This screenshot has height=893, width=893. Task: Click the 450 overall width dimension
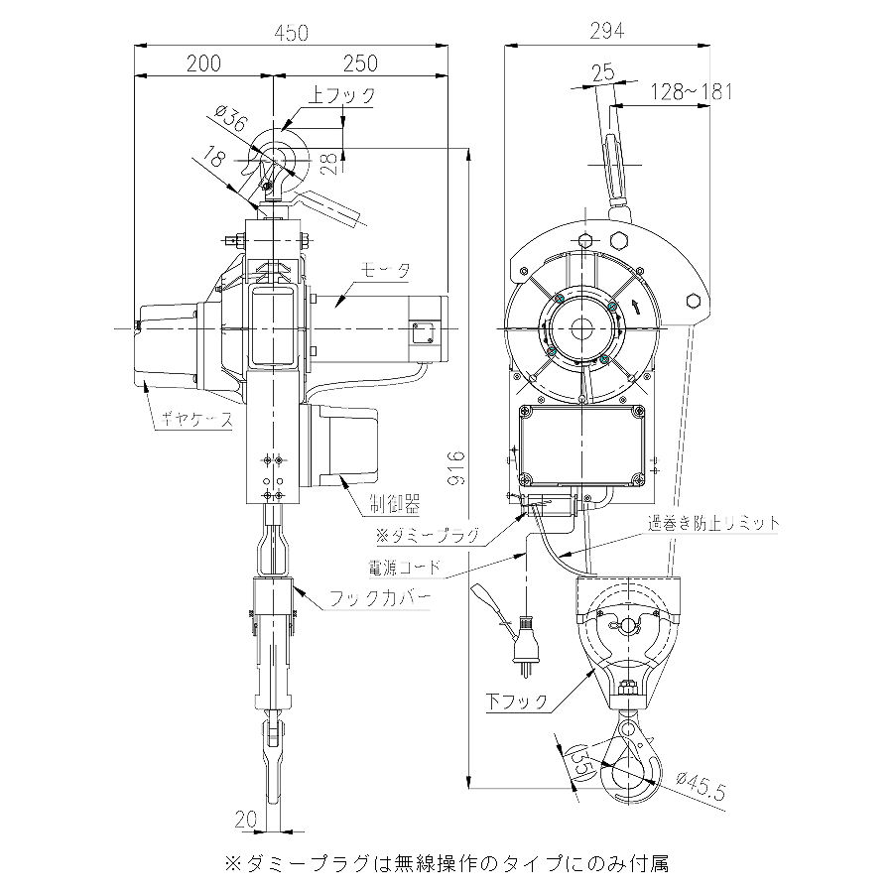pyautogui.click(x=291, y=33)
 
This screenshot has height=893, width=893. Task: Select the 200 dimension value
pyautogui.click(x=203, y=64)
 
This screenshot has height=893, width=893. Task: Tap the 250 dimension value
pyautogui.click(x=360, y=64)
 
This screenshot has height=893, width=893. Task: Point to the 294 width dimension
pyautogui.click(x=607, y=31)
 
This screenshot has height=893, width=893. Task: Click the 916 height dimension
pyautogui.click(x=456, y=468)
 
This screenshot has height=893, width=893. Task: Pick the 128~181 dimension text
pyautogui.click(x=692, y=91)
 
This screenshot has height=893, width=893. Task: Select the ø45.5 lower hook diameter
pyautogui.click(x=702, y=786)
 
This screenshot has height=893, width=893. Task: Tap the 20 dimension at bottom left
pyautogui.click(x=246, y=820)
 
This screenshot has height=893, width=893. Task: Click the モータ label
pyautogui.click(x=386, y=270)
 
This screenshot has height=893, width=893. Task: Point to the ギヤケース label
pyautogui.click(x=197, y=420)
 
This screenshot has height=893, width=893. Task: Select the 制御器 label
pyautogui.click(x=394, y=504)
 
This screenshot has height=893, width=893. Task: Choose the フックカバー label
pyautogui.click(x=380, y=598)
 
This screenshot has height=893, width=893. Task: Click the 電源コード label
pyautogui.click(x=405, y=568)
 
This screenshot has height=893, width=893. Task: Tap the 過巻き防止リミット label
pyautogui.click(x=713, y=523)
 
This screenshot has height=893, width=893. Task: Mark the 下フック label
pyautogui.click(x=517, y=702)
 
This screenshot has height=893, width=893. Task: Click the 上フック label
pyautogui.click(x=341, y=95)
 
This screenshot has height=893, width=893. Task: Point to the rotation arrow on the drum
pyautogui.click(x=636, y=308)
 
